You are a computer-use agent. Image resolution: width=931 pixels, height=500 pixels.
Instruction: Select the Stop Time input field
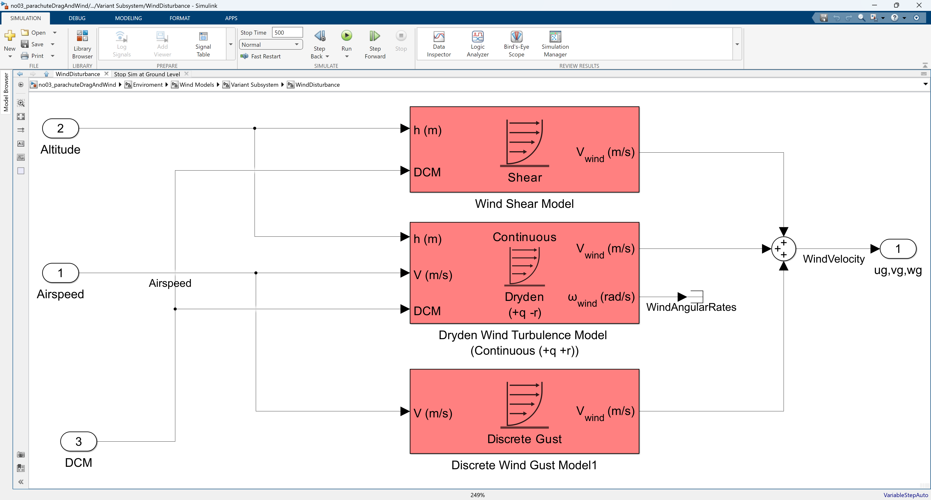287,32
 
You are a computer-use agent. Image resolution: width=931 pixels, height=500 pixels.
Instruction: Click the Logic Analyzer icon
477,37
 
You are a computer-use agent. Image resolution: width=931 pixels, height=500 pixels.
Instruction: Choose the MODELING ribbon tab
128,18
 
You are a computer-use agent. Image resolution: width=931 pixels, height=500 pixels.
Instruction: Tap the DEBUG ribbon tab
77,18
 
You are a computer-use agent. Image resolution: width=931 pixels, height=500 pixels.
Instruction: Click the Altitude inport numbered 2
60,128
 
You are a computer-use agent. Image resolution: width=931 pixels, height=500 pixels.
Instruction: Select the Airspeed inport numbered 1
60,273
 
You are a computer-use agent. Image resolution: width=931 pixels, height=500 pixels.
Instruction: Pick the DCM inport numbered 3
78,441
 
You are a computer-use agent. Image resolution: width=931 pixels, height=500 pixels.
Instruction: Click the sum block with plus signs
784,249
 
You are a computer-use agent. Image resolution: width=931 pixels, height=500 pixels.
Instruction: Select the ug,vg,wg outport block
898,249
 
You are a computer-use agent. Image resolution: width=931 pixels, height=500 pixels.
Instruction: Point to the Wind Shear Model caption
524,204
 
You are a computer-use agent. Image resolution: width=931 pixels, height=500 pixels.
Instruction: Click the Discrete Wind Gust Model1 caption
524,465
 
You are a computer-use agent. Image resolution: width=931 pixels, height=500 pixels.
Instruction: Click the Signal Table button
203,44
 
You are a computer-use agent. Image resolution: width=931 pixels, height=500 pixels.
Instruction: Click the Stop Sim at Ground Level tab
147,74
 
